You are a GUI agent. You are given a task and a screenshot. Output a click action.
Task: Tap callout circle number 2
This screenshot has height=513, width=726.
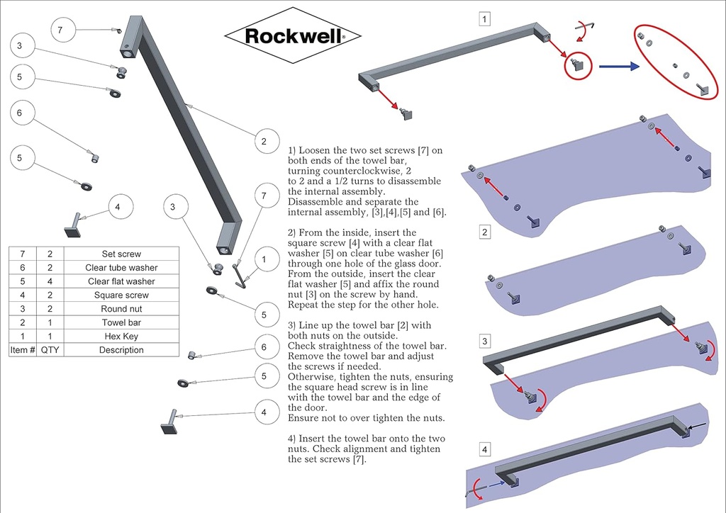click(x=264, y=142)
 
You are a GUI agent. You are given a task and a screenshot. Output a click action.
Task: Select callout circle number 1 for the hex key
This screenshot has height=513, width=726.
click(x=264, y=260)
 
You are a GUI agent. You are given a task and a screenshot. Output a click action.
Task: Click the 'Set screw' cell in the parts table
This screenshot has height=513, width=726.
click(x=121, y=254)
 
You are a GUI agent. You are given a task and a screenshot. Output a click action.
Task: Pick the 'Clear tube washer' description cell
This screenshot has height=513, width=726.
click(x=121, y=268)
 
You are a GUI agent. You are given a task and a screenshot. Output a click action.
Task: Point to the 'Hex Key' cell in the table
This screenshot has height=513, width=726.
click(x=121, y=336)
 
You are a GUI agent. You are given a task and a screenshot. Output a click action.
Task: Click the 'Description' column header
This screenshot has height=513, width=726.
click(x=121, y=350)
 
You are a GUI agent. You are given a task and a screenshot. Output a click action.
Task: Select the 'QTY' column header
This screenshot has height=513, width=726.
click(x=50, y=350)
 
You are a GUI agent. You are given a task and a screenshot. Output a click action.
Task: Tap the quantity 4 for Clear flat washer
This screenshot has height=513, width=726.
click(x=50, y=281)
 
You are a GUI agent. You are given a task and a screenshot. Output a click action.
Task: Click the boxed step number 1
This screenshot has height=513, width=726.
click(x=485, y=19)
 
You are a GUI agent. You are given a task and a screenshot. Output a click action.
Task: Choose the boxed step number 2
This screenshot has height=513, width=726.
click(x=485, y=232)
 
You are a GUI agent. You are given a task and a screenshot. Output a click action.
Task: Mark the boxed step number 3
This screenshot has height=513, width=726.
click(x=485, y=342)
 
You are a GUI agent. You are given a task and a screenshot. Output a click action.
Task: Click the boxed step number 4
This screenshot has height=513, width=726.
click(x=485, y=449)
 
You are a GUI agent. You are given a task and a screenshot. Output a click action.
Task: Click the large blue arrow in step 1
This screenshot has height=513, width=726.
click(x=618, y=67)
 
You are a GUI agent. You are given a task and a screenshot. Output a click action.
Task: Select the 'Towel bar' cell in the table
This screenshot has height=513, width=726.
click(x=121, y=322)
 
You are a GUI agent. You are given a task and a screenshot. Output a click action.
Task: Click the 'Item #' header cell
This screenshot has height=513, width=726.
click(x=22, y=350)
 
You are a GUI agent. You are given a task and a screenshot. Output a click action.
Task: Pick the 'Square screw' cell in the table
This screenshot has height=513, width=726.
click(x=121, y=295)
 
